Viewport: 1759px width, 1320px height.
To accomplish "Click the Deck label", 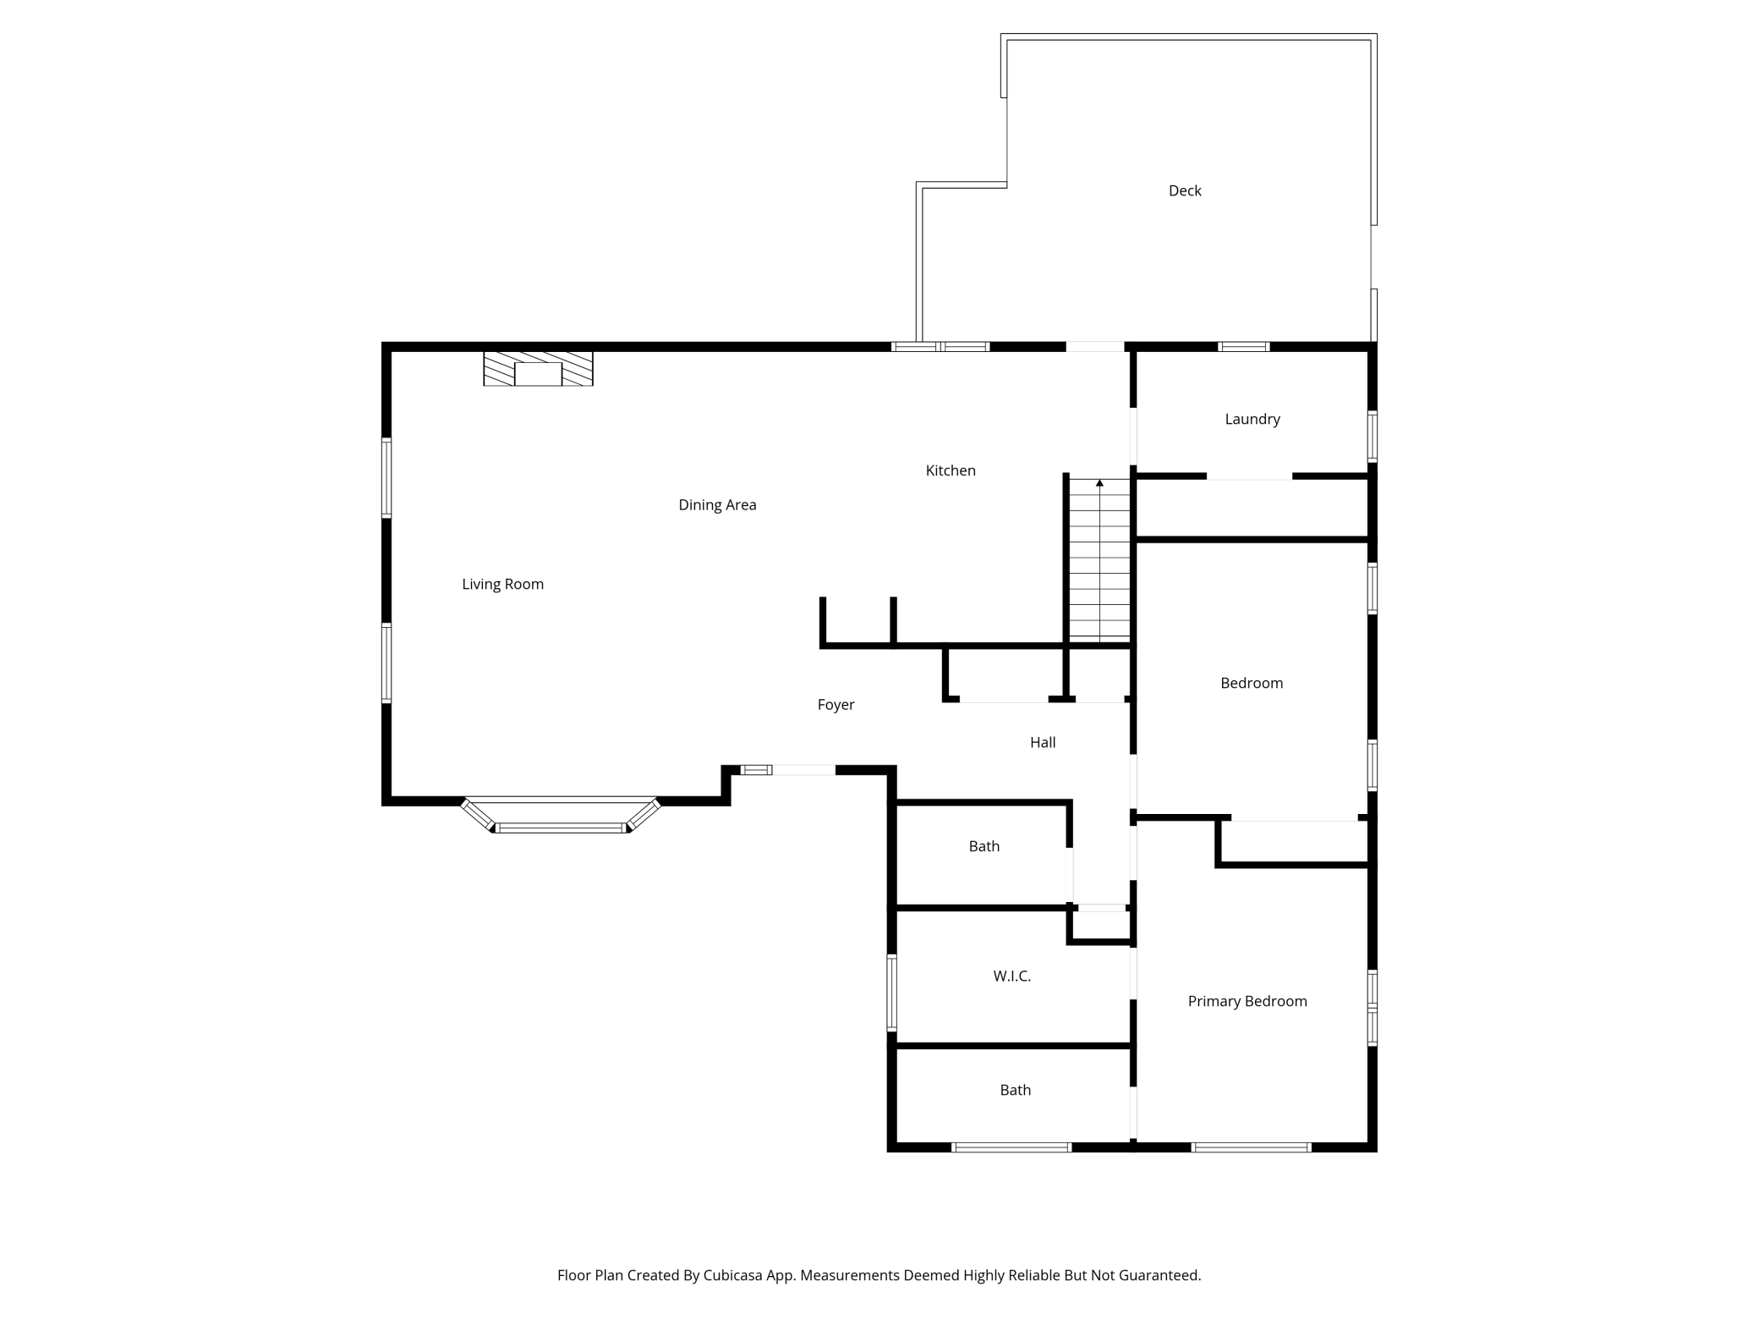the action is [x=1185, y=191].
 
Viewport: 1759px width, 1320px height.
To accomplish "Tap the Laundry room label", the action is [x=1252, y=420].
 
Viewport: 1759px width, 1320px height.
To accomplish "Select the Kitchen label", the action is [x=951, y=470].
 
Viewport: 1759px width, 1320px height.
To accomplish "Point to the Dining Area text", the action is [x=717, y=505].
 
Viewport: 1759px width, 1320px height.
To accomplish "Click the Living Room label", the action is [x=502, y=584].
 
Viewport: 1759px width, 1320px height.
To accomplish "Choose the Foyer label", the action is [x=836, y=705].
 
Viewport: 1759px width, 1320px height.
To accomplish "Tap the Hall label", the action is [x=1043, y=742].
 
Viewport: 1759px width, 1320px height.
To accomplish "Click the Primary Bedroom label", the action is [x=1247, y=1001].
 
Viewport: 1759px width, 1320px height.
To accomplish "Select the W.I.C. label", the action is [x=1011, y=976].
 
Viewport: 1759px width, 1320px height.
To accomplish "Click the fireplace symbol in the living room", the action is [x=538, y=369].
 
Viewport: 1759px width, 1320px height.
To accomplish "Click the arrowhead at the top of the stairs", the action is [x=1099, y=483].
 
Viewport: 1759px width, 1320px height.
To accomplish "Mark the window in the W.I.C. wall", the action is [x=891, y=993].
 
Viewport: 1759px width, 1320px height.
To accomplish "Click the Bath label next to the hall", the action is [x=984, y=846].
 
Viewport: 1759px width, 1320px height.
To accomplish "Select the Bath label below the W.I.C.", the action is [x=1015, y=1090].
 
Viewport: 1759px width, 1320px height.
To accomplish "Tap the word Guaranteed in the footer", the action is [x=1159, y=1275].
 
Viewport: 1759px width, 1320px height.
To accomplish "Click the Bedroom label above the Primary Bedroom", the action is [x=1252, y=683].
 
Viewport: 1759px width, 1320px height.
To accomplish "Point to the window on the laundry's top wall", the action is [x=1243, y=347].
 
